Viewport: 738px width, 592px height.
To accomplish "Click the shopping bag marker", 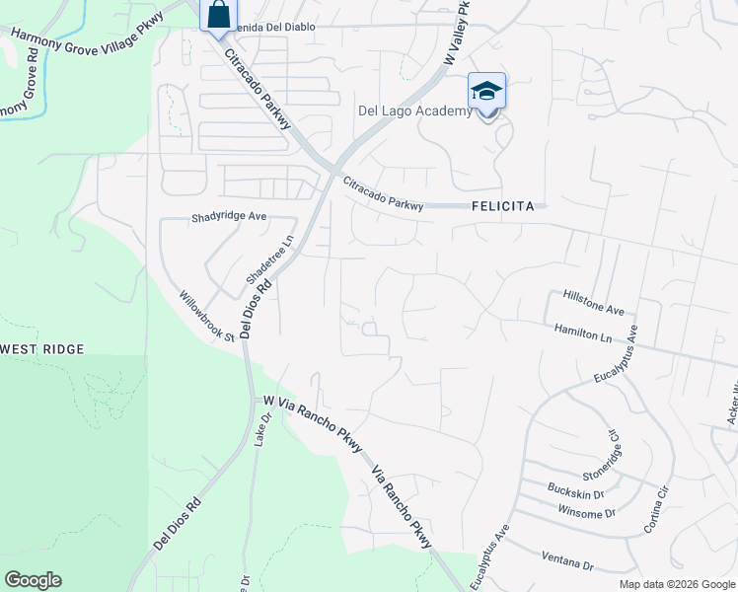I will click(x=217, y=16).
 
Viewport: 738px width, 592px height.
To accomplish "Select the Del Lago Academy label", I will click(x=414, y=111).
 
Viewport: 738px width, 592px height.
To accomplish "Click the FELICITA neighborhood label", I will click(x=503, y=206).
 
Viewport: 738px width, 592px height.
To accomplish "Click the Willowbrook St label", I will click(x=206, y=316).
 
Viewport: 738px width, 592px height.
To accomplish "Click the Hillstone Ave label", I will click(x=595, y=302).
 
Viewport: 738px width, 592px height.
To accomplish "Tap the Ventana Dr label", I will click(x=566, y=561).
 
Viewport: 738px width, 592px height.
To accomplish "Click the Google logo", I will click(x=33, y=580).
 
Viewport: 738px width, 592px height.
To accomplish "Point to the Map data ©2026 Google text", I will click(x=677, y=584).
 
